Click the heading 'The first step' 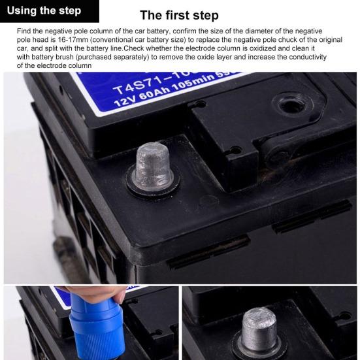179,16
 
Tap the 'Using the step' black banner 50,11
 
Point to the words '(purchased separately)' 114,57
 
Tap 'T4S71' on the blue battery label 135,86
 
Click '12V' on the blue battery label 125,101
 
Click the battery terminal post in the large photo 154,165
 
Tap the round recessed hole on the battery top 292,105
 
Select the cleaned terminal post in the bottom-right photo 259,330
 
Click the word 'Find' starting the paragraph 24,31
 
